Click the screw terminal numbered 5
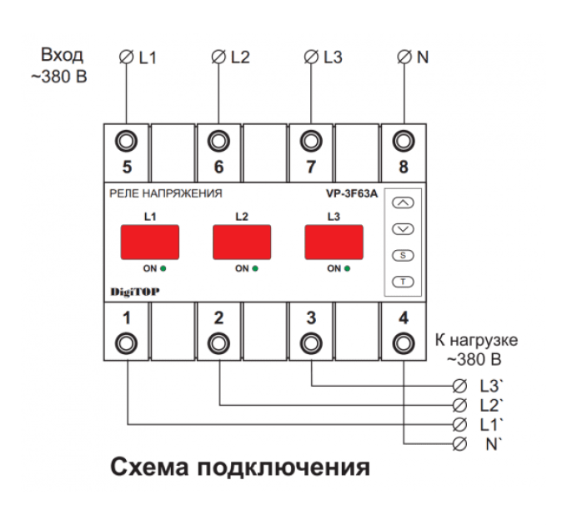127,140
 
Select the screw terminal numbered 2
218,342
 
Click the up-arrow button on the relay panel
403,202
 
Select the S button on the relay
403,255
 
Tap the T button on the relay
403,282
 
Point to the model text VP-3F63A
351,193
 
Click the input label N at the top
423,57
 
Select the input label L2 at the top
240,57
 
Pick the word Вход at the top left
63,56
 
